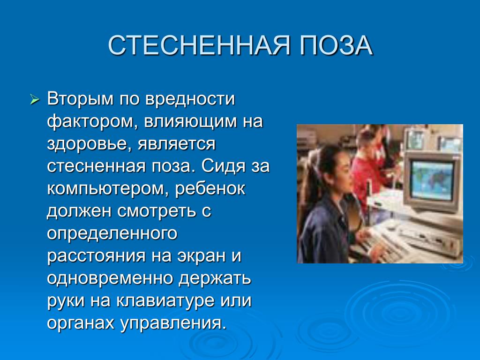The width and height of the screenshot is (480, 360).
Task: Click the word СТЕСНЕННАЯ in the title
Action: (x=199, y=45)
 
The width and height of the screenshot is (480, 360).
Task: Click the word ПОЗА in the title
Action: (x=336, y=45)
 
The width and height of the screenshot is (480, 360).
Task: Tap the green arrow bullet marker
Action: (x=35, y=99)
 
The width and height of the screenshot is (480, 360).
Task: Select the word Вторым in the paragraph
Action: (x=80, y=99)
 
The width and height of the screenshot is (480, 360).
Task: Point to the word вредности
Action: (x=190, y=99)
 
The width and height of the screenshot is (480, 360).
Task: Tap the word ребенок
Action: (x=210, y=188)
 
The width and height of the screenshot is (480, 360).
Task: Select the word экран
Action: (x=201, y=256)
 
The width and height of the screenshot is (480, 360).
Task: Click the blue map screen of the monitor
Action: (x=433, y=180)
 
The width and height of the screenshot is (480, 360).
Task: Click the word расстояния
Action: (x=96, y=256)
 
